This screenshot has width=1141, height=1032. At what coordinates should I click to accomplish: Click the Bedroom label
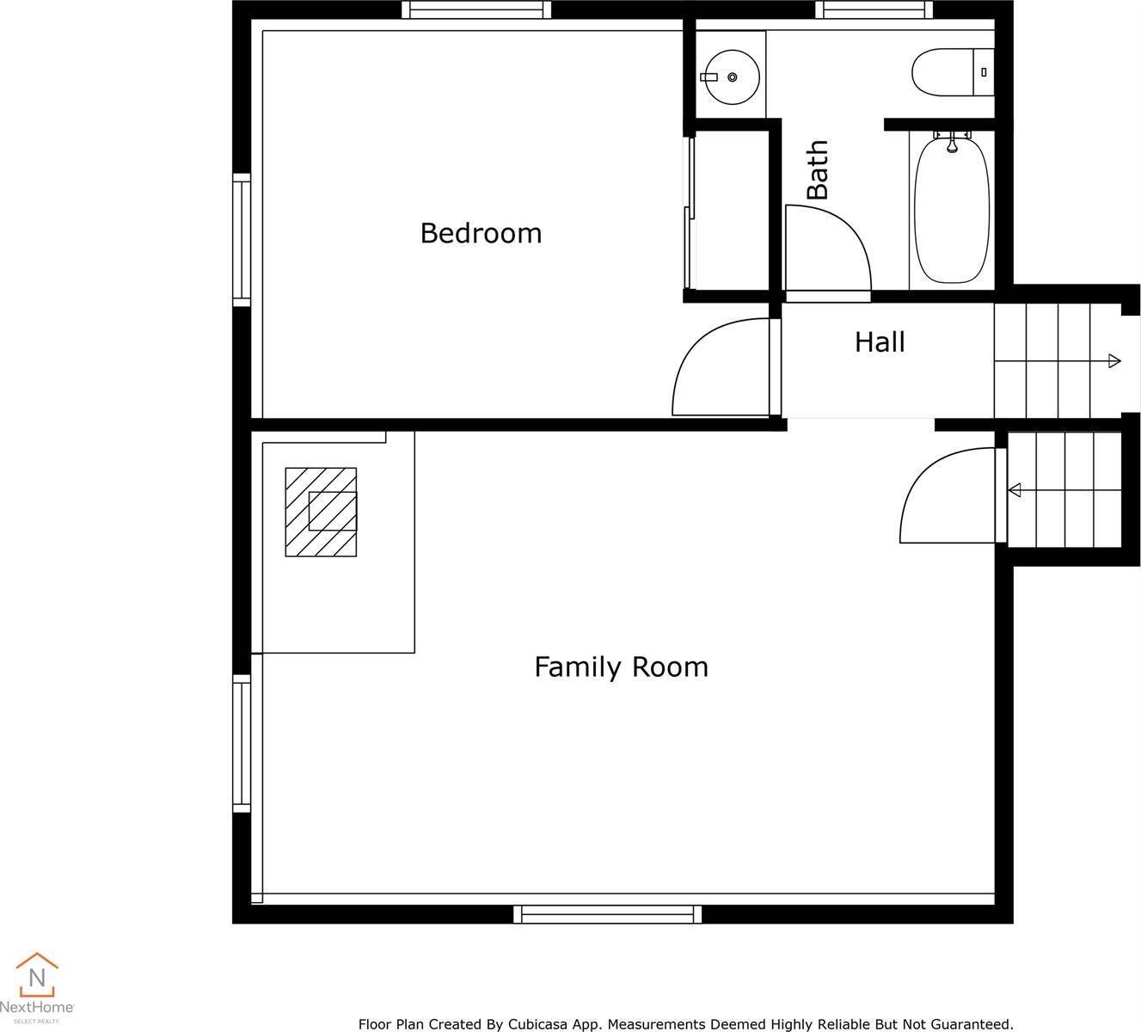481,233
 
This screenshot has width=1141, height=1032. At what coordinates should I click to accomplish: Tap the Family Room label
621,667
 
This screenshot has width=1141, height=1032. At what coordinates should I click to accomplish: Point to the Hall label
880,342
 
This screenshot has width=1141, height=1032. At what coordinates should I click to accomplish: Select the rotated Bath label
818,169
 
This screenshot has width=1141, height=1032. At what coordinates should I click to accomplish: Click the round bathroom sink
732,77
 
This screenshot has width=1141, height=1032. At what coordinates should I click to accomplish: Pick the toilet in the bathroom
953,72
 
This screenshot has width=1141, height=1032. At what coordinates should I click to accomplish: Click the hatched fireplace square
321,512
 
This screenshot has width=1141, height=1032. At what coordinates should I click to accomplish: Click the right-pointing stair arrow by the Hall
1058,360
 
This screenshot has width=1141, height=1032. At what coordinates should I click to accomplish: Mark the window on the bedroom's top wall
476,9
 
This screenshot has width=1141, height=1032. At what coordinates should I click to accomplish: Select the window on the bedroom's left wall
242,240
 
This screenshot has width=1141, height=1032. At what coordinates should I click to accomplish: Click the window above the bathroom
874,9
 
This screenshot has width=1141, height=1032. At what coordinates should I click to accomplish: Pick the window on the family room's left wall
242,743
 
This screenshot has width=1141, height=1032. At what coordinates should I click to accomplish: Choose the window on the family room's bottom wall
607,914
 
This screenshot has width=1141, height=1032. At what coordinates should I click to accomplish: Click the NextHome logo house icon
37,974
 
